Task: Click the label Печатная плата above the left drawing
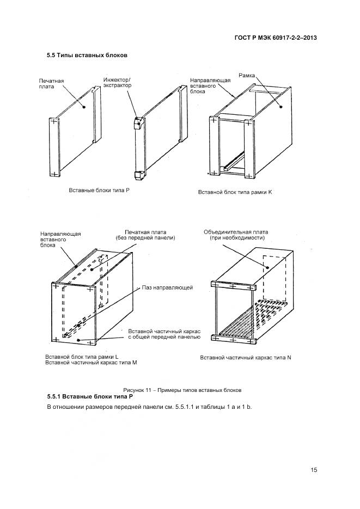52,84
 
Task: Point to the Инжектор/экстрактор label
118,83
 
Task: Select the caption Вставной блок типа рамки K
235,193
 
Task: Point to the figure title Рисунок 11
182,390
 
